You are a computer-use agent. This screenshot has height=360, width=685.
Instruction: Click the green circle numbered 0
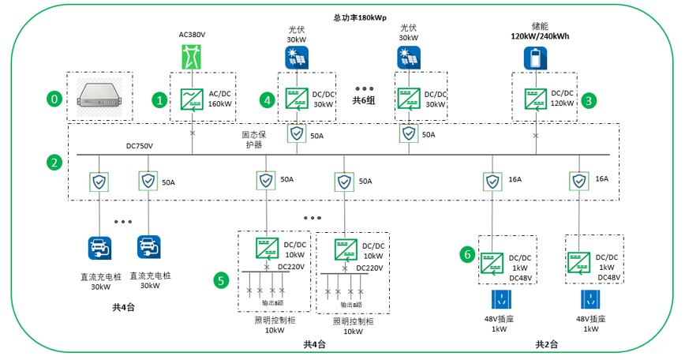(54, 99)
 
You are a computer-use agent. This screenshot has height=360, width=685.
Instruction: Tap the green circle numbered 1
(160, 100)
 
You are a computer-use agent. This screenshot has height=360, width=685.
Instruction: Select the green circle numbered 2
(54, 163)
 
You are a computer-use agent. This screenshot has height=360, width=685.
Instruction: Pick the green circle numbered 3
(589, 100)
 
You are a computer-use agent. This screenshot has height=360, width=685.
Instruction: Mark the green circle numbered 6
(468, 254)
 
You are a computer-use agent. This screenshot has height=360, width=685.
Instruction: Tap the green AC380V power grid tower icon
(192, 57)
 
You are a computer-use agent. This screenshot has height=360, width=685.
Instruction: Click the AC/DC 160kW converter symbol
(192, 98)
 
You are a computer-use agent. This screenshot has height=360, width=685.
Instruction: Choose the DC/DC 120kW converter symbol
(537, 99)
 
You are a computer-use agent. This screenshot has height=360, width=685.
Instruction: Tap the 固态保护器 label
(253, 140)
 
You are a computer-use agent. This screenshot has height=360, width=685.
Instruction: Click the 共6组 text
(365, 101)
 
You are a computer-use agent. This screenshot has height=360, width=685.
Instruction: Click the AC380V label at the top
(192, 35)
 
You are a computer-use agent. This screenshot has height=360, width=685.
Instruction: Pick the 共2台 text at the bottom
(546, 344)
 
